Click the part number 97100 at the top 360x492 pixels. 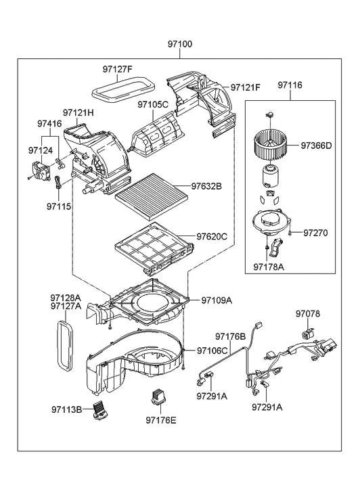point(180,44)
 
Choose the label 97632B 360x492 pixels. point(206,185)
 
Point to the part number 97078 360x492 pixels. point(308,314)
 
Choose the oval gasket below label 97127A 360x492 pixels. point(63,345)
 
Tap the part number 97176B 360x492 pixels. point(230,336)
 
